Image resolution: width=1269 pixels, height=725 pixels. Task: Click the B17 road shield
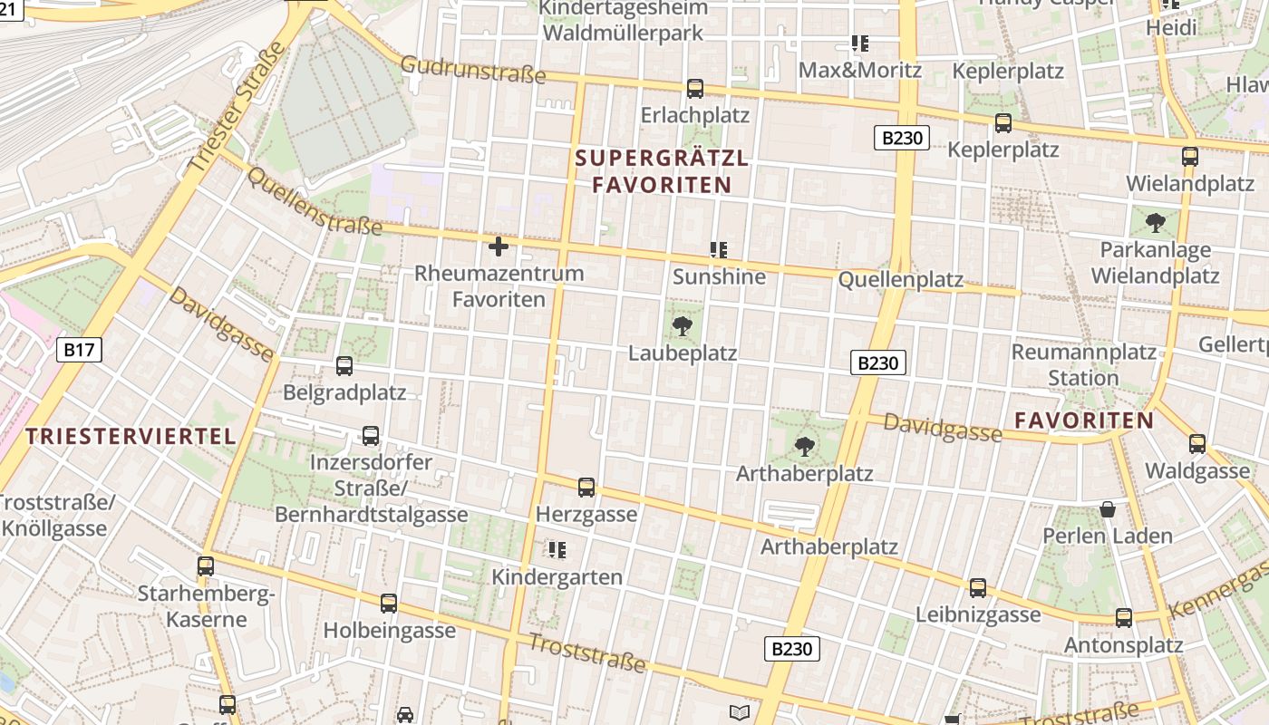pos(80,350)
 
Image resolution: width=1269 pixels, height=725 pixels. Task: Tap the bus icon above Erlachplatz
pos(695,89)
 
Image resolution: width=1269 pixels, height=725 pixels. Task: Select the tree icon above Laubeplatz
pos(683,326)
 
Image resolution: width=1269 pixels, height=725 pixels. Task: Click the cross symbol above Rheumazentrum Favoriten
pos(499,246)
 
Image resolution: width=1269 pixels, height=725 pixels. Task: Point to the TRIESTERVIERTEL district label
pos(131,436)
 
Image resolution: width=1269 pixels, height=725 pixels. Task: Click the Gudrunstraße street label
pos(472,69)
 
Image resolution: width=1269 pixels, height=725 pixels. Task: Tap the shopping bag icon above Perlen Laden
pos(1108,509)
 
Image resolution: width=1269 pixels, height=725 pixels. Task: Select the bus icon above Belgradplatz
pos(344,366)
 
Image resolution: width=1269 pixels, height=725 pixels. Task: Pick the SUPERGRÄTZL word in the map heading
pos(662,159)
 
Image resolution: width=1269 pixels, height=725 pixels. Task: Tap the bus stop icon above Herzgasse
pos(586,488)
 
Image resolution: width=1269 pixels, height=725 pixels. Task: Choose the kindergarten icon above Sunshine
pos(719,250)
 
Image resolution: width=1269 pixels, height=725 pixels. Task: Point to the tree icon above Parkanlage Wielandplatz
pos(1156,222)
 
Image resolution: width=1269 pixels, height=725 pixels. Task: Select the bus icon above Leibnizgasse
pos(978,588)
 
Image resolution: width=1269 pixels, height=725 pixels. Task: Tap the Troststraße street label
pos(587,653)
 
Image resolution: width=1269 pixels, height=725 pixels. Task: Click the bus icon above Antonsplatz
pos(1124,618)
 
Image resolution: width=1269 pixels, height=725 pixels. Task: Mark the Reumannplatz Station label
pos(1083,364)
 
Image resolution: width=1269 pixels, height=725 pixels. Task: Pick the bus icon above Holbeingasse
pos(389,604)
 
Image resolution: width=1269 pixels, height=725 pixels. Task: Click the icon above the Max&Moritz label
pos(859,43)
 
